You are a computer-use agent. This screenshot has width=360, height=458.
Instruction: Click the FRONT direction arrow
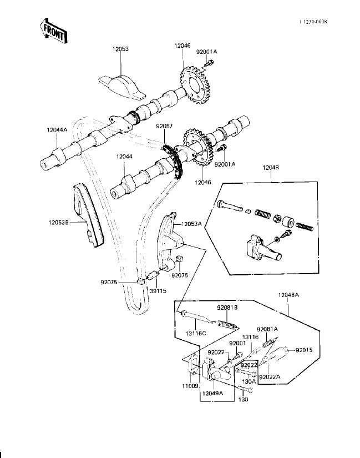pyautogui.click(x=54, y=31)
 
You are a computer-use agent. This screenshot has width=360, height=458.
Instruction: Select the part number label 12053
pyautogui.click(x=120, y=49)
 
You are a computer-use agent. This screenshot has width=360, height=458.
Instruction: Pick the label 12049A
pyautogui.click(x=212, y=393)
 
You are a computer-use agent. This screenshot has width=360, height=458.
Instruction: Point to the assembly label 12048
pyautogui.click(x=271, y=167)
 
